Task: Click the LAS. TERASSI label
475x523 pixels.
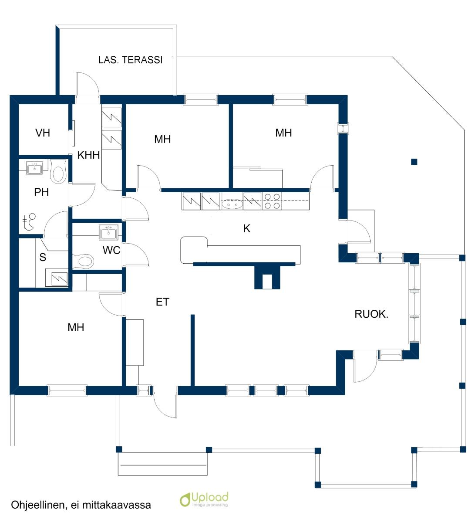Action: pyautogui.click(x=130, y=60)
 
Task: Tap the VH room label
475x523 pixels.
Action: pyautogui.click(x=43, y=132)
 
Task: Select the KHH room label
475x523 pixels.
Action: pyautogui.click(x=88, y=155)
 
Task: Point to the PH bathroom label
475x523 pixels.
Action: pyautogui.click(x=41, y=192)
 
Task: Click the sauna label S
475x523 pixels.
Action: pyautogui.click(x=43, y=257)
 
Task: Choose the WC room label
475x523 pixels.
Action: pyautogui.click(x=111, y=250)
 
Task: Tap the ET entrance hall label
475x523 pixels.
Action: pyautogui.click(x=162, y=302)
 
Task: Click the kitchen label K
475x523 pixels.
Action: pyautogui.click(x=247, y=228)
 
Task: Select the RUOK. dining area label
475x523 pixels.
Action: pyautogui.click(x=371, y=314)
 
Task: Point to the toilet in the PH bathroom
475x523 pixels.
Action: pyautogui.click(x=58, y=172)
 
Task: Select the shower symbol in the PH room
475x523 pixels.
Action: pyautogui.click(x=30, y=222)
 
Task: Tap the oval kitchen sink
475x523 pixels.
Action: pyautogui.click(x=232, y=202)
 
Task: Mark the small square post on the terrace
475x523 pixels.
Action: pyautogui.click(x=414, y=162)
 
